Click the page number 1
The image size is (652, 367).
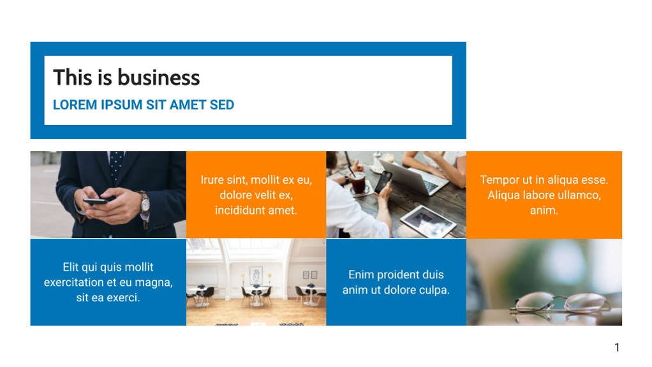(616, 347)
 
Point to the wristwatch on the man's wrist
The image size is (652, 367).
(145, 203)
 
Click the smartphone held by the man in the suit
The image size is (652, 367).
(96, 200)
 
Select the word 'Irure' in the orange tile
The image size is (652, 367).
(212, 180)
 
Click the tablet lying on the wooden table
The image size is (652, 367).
(428, 221)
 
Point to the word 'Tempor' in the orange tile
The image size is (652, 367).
(498, 180)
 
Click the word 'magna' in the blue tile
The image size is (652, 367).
(152, 282)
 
